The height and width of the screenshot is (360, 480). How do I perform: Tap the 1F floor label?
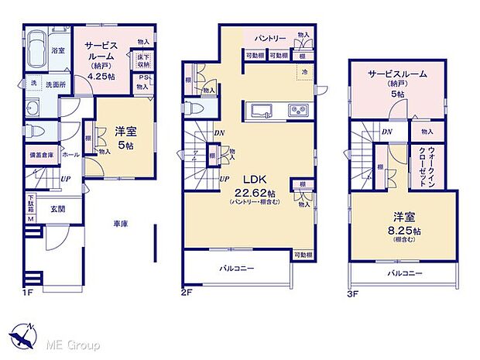click(29, 293)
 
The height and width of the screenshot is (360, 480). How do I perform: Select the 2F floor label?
click(187, 293)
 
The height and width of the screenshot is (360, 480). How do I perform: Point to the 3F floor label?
click(354, 293)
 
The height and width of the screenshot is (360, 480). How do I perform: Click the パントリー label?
click(271, 37)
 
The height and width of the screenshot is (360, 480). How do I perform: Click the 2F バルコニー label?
click(236, 268)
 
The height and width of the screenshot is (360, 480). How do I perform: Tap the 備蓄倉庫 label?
click(42, 155)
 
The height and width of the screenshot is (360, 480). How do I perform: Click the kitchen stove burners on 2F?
click(298, 111)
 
